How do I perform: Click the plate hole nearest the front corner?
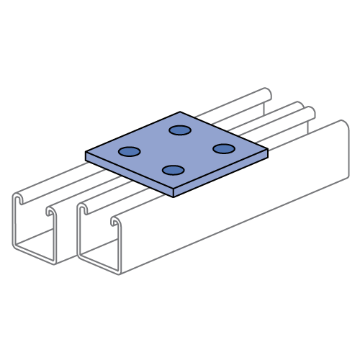(173, 170)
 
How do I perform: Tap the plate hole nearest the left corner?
(130, 151)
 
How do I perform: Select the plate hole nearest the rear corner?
(180, 130)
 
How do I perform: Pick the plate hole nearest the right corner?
(224, 148)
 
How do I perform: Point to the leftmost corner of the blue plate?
(86, 153)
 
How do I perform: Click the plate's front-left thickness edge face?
(130, 174)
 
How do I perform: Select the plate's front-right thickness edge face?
(220, 173)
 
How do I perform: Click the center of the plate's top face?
(176, 150)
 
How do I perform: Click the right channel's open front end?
(98, 241)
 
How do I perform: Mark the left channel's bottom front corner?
(55, 264)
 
